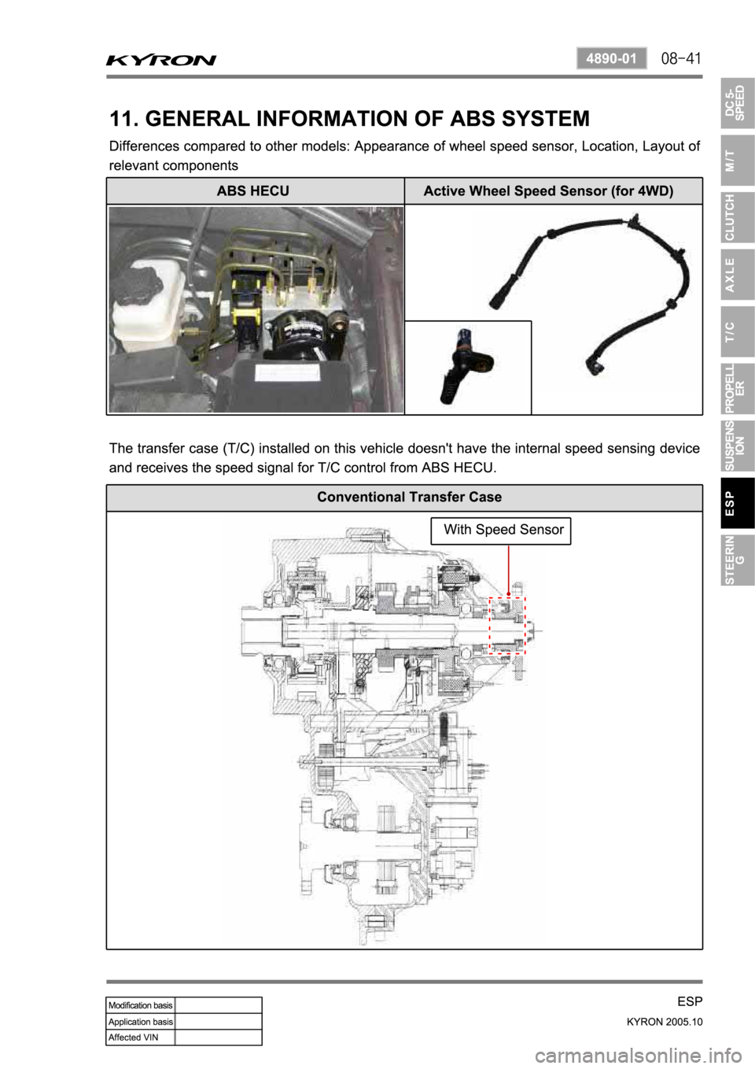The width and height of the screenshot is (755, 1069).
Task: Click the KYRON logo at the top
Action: click(x=161, y=60)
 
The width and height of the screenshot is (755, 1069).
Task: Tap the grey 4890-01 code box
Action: click(x=612, y=59)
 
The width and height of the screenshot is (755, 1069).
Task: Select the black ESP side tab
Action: click(x=738, y=503)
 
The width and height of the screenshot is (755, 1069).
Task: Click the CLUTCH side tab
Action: click(x=738, y=217)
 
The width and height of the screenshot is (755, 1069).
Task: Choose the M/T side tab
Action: click(x=738, y=160)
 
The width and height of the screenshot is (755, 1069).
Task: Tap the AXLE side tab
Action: click(x=738, y=275)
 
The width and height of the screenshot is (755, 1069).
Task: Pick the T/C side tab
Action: click(x=738, y=331)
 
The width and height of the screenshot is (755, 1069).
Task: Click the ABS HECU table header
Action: click(x=253, y=190)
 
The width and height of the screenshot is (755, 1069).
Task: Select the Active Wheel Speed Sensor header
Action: click(x=549, y=190)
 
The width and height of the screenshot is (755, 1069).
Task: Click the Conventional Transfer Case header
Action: click(x=410, y=498)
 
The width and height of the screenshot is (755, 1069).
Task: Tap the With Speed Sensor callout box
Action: click(x=501, y=531)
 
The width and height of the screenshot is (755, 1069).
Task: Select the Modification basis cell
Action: click(x=141, y=1005)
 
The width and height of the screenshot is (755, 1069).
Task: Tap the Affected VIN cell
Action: click(x=141, y=1037)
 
